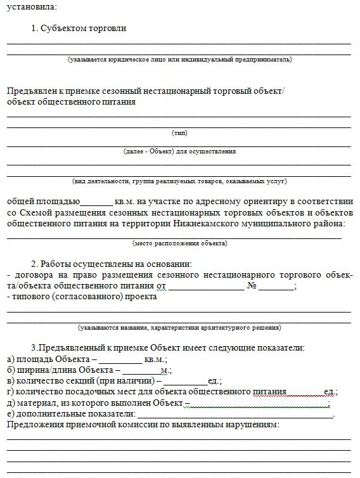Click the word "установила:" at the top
(x=31, y=7)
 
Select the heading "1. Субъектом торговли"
(x=79, y=29)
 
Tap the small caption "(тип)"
(x=179, y=133)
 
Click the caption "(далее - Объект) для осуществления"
(x=179, y=152)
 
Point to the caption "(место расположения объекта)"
(x=179, y=243)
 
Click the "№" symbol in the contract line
(x=252, y=286)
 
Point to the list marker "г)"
(x=11, y=392)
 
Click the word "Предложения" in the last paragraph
(x=33, y=425)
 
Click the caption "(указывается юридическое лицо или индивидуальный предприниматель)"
(x=180, y=59)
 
